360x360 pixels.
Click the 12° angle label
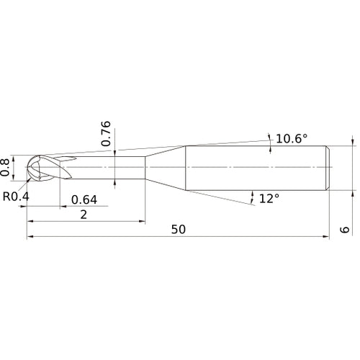click(268, 198)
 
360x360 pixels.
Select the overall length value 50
click(179, 229)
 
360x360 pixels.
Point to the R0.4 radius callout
click(16, 196)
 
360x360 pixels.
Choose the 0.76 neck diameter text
click(106, 134)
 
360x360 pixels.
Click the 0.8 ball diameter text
click(7, 166)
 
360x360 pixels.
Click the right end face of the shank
click(329, 168)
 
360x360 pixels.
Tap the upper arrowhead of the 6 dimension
click(353, 143)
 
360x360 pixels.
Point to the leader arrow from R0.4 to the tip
click(30, 181)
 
